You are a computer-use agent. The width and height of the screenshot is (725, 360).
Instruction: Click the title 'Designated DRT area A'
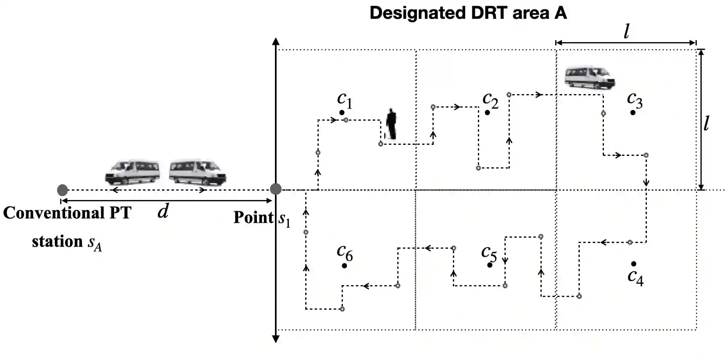click(x=468, y=13)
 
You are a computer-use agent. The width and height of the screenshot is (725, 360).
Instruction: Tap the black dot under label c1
click(x=342, y=112)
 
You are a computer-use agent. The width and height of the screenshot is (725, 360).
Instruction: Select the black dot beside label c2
click(x=487, y=112)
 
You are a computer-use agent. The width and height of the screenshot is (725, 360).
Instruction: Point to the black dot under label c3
click(x=633, y=112)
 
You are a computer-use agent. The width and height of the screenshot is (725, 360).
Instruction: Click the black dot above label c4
click(x=633, y=264)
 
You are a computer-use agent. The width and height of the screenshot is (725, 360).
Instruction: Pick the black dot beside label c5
click(x=490, y=265)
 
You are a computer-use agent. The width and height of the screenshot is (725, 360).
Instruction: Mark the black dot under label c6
click(x=344, y=266)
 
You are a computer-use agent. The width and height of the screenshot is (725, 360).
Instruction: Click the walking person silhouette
click(x=391, y=124)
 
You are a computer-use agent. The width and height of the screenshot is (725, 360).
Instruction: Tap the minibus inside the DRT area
click(x=590, y=77)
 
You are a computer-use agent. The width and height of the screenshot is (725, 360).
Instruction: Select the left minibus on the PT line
click(x=133, y=172)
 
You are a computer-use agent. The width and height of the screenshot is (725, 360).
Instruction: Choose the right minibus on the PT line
click(x=197, y=172)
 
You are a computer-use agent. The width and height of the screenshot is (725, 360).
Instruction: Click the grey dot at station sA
click(x=62, y=190)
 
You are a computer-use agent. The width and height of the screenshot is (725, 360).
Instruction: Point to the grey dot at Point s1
click(x=276, y=189)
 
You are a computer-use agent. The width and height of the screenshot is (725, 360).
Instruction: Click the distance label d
click(x=163, y=211)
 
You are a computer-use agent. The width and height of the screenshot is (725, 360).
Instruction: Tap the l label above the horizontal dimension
click(x=626, y=31)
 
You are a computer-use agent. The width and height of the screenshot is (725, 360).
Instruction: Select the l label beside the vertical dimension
click(x=707, y=123)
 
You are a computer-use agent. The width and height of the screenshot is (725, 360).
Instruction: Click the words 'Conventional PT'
click(x=67, y=213)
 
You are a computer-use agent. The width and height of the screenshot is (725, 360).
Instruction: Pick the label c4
click(x=635, y=277)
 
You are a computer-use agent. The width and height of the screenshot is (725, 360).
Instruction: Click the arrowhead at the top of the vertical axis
click(x=276, y=41)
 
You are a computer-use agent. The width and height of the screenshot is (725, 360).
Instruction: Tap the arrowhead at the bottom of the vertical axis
click(x=276, y=339)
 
